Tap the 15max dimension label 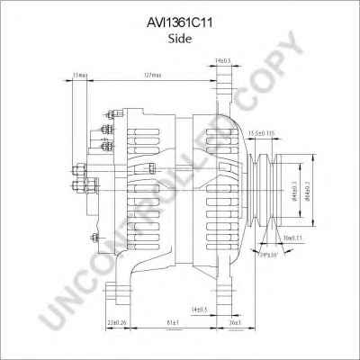pos(80,75)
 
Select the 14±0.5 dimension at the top pos(222,60)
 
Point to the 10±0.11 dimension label pos(293,237)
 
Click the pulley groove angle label pos(267,255)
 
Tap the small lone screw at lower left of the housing pos(93,238)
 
